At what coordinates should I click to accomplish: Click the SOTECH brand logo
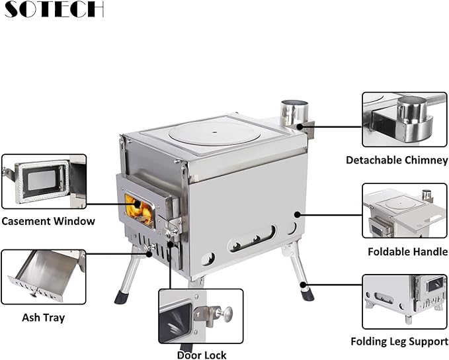[x=52, y=9]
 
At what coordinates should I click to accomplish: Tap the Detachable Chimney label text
[x=397, y=160]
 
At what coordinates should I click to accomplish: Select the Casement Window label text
[x=48, y=222]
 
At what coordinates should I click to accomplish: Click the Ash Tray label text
[x=44, y=318]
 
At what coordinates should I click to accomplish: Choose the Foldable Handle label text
[x=407, y=251]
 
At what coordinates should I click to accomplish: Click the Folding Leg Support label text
[x=399, y=342]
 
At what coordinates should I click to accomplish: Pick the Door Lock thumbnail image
[x=200, y=315]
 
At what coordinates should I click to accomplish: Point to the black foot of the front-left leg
[x=122, y=297]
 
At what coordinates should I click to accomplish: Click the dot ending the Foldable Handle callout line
[x=298, y=214]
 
